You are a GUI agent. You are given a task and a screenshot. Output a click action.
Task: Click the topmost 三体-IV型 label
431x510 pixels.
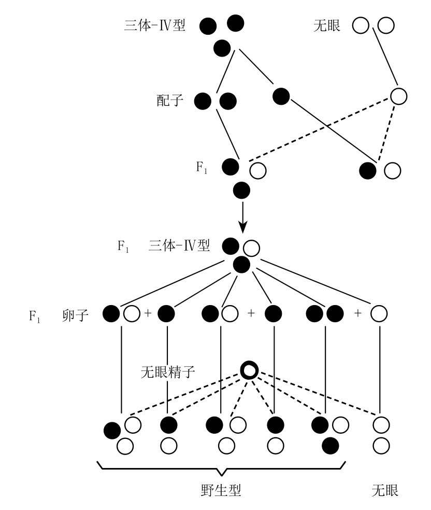pyautogui.click(x=154, y=25)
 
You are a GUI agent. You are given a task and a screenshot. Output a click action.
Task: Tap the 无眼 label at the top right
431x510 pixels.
pyautogui.click(x=327, y=25)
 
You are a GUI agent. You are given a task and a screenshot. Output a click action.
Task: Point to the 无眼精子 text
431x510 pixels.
pyautogui.click(x=166, y=372)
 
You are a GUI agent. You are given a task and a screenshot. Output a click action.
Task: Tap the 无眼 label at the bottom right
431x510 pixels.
pyautogui.click(x=385, y=490)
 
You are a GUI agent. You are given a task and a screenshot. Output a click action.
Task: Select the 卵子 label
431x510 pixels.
pyautogui.click(x=74, y=314)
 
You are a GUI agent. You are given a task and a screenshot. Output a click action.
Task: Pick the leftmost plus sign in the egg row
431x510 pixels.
pyautogui.click(x=148, y=313)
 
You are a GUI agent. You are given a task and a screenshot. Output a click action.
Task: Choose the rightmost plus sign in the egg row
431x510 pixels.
pyautogui.click(x=358, y=313)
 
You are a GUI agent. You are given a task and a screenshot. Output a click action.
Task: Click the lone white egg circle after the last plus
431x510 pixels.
pyautogui.click(x=380, y=313)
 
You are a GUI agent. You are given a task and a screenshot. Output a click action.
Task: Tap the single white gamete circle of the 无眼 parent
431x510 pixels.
pyautogui.click(x=398, y=96)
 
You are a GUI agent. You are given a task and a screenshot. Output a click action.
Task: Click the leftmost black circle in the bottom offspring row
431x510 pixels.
pyautogui.click(x=112, y=430)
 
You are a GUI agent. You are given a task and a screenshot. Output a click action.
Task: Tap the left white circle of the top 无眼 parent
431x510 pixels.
pyautogui.click(x=361, y=25)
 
